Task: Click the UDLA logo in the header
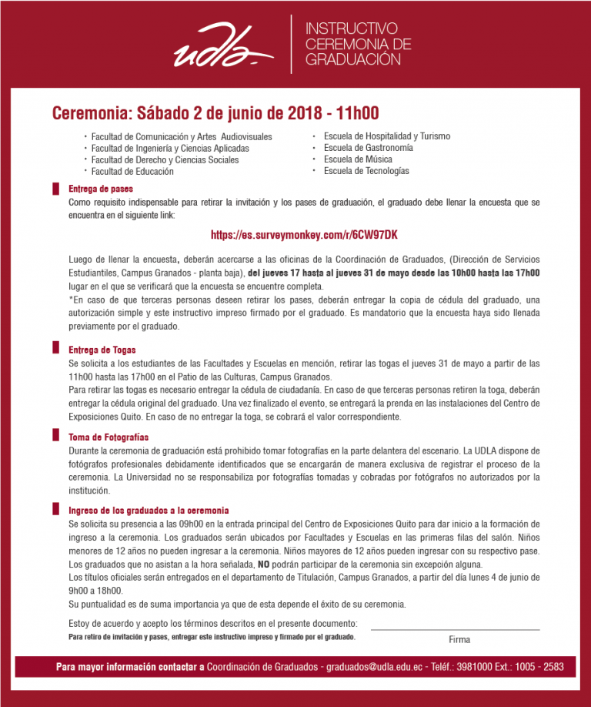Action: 223,47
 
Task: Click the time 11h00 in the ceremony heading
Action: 352,113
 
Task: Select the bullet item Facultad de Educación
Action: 132,172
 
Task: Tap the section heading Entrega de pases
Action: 101,189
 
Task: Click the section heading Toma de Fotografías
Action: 109,437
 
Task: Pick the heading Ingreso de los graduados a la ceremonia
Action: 149,511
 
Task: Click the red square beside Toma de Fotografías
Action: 55,437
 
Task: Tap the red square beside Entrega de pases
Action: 55,189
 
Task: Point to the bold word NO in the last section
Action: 264,565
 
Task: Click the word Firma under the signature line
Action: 459,640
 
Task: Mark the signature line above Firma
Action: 456,630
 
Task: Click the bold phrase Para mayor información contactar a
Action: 129,666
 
